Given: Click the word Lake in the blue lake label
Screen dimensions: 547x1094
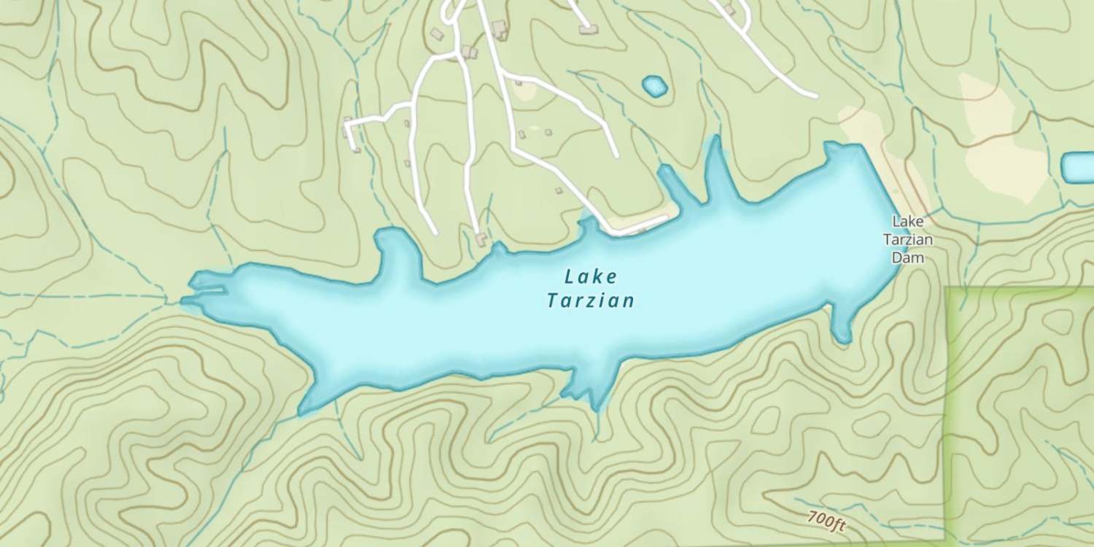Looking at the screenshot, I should (x=591, y=277).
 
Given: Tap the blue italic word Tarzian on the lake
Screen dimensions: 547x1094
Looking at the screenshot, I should (x=591, y=300).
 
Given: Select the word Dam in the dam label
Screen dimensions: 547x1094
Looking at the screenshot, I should (x=908, y=257).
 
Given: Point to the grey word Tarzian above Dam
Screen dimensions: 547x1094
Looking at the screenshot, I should (x=908, y=239).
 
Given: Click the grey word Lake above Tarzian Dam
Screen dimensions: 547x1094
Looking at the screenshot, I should (x=908, y=221).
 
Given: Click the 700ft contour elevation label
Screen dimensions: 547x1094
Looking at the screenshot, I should (x=826, y=521).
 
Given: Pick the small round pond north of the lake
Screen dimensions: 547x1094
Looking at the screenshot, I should (x=654, y=86).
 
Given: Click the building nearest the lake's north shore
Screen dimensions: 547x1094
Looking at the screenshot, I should (x=481, y=238).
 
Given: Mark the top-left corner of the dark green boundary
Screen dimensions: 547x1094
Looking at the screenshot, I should (x=947, y=289).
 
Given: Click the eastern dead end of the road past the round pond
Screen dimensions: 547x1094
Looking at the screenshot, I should (x=815, y=95).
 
